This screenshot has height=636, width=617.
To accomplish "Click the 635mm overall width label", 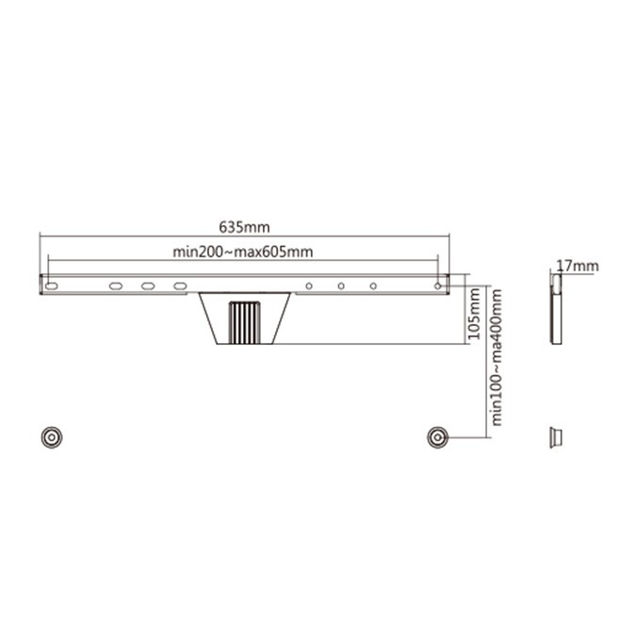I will [244, 227].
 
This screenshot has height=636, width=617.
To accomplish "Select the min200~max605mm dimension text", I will [243, 252].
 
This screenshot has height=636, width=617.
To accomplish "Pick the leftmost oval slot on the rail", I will [52, 285].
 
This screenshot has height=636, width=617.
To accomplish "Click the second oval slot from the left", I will [116, 285].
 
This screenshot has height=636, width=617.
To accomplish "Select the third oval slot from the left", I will [148, 285].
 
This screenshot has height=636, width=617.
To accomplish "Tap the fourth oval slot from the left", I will [180, 285].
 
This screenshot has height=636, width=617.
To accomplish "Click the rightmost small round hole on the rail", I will [437, 285].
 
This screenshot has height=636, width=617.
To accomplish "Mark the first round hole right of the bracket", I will [310, 285].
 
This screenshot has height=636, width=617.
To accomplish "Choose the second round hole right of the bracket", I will [342, 285].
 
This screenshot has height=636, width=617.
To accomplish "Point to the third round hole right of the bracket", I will [374, 285].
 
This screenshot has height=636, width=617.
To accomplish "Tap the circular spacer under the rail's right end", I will [437, 437].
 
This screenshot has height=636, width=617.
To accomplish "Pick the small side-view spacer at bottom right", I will [556, 437].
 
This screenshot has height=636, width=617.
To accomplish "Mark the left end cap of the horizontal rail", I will [41, 285].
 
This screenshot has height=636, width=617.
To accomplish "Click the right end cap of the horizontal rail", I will [447, 285].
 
